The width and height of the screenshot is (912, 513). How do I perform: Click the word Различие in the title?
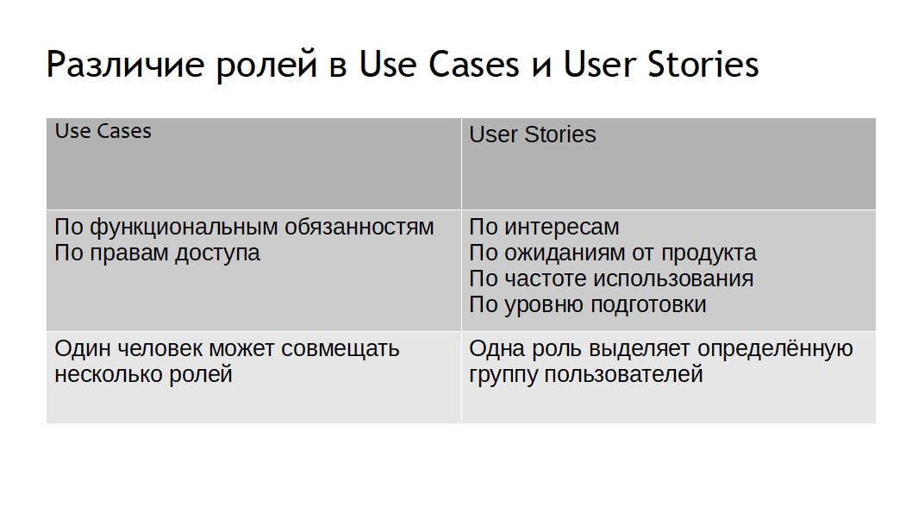click(125, 65)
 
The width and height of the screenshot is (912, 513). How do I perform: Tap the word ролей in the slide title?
click(266, 65)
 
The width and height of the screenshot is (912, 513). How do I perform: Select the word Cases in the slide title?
click(473, 64)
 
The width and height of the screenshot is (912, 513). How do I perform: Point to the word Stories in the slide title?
click(703, 64)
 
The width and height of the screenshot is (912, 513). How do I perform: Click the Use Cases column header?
click(103, 131)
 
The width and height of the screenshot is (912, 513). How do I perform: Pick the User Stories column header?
click(532, 135)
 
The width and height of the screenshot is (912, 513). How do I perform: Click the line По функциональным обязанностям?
click(244, 228)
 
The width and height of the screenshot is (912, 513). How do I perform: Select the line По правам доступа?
click(157, 253)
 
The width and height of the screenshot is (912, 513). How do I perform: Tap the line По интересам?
click(545, 228)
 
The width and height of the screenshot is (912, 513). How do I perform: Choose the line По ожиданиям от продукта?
click(613, 253)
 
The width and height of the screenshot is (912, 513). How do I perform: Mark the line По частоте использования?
click(611, 278)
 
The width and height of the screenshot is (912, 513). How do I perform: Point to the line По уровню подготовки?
click(588, 305)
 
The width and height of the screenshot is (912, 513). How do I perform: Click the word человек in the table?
click(159, 348)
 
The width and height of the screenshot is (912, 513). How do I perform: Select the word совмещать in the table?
click(340, 349)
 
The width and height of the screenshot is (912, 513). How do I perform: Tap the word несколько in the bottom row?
click(109, 374)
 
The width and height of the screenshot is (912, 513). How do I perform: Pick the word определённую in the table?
click(775, 349)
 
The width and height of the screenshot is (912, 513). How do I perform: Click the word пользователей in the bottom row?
click(623, 374)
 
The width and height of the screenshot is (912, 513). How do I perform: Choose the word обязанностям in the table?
click(359, 227)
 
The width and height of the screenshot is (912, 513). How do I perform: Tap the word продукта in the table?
click(709, 253)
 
